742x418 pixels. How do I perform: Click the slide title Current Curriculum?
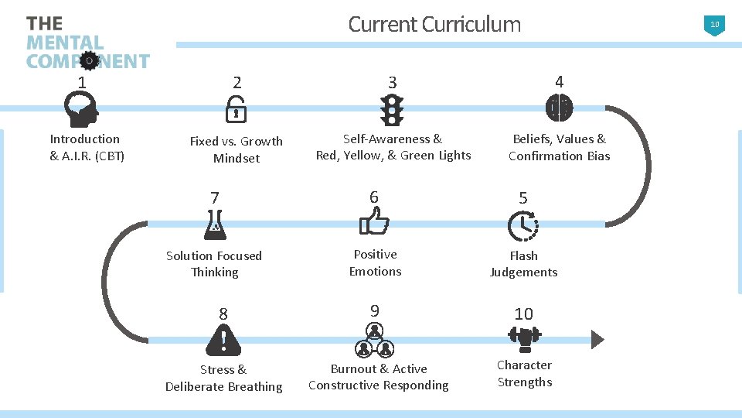[434, 24]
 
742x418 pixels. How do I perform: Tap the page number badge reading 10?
[715, 25]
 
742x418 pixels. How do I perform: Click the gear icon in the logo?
[90, 60]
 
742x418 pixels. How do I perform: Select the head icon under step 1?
[81, 109]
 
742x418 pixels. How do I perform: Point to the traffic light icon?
[393, 110]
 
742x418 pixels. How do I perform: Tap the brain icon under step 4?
[559, 108]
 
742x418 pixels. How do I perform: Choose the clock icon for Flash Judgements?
[523, 225]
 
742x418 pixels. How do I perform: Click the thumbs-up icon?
[375, 224]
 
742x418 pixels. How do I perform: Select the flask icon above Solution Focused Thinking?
[214, 224]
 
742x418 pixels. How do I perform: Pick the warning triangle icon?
[223, 339]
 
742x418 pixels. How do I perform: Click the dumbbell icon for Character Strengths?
[525, 337]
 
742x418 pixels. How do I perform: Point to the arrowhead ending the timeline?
[597, 339]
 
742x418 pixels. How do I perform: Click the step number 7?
[215, 198]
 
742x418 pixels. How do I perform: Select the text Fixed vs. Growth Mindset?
[237, 149]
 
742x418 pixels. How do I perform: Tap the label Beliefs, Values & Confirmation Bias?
[559, 147]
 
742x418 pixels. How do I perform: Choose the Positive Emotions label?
[375, 262]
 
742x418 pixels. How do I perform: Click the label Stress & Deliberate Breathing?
[223, 378]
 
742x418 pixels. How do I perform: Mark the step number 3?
[393, 82]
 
